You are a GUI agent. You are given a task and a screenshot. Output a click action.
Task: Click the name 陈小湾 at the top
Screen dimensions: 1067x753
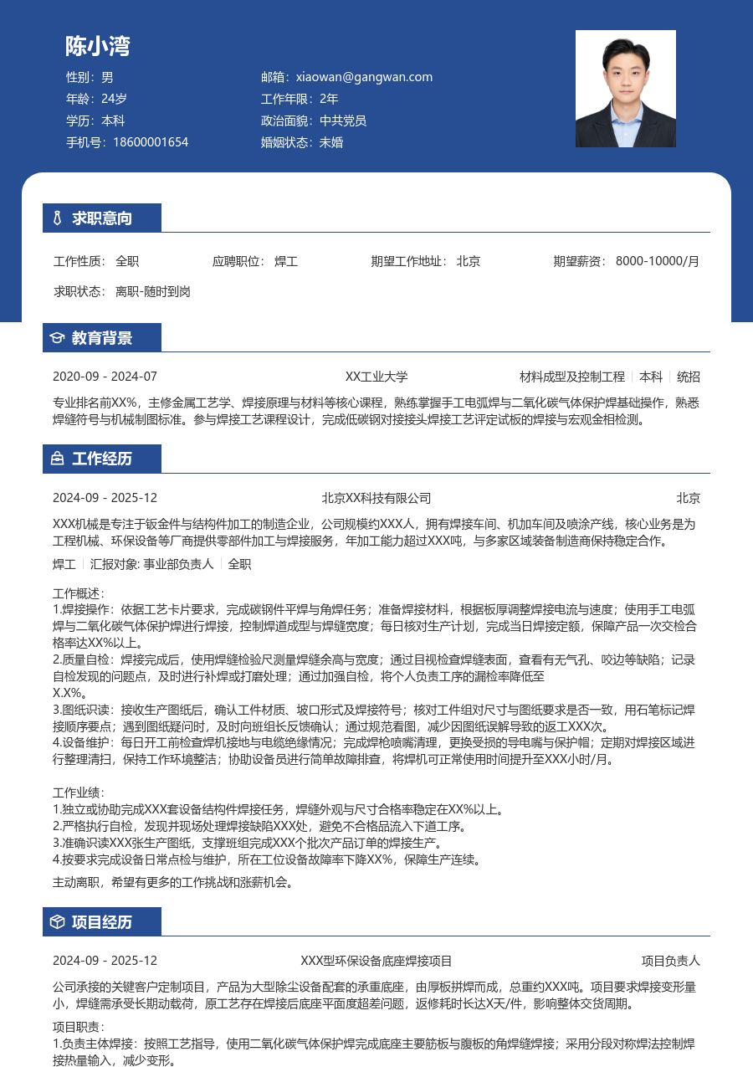tap(98, 46)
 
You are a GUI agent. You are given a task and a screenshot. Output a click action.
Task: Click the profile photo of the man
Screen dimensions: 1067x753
tap(625, 89)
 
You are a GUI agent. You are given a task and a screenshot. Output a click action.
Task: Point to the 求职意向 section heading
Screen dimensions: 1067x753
tap(102, 218)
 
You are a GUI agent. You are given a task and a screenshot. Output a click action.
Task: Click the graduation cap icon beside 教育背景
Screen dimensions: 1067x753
tap(57, 338)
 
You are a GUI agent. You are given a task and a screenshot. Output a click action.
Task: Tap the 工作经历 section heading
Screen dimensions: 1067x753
tap(102, 459)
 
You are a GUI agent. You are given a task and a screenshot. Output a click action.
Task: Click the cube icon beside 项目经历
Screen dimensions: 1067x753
tap(57, 922)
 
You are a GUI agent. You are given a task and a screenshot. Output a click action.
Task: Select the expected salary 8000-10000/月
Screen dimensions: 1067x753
tap(657, 261)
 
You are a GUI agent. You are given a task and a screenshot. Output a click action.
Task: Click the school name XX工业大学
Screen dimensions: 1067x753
tap(376, 377)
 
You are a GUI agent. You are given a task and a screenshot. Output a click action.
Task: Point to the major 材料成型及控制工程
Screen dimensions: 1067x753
tap(572, 377)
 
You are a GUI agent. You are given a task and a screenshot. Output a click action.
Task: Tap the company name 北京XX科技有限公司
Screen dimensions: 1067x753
tap(376, 498)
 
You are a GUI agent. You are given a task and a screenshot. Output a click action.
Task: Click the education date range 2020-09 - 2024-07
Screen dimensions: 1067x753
tap(105, 377)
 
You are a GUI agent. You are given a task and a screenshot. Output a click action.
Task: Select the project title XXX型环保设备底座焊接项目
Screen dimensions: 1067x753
tap(376, 961)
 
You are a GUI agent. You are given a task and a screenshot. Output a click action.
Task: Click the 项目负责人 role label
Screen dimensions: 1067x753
tap(671, 961)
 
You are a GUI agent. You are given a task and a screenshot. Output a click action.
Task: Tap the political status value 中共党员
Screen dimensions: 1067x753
tap(343, 121)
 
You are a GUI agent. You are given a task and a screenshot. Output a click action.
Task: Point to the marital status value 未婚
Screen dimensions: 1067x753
tap(331, 142)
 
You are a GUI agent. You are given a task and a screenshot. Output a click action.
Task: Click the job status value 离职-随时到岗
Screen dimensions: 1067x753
tap(153, 291)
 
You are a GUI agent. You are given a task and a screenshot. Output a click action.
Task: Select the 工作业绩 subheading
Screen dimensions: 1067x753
tap(79, 793)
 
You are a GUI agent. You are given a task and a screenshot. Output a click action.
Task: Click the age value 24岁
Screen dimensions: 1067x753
tap(114, 99)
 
